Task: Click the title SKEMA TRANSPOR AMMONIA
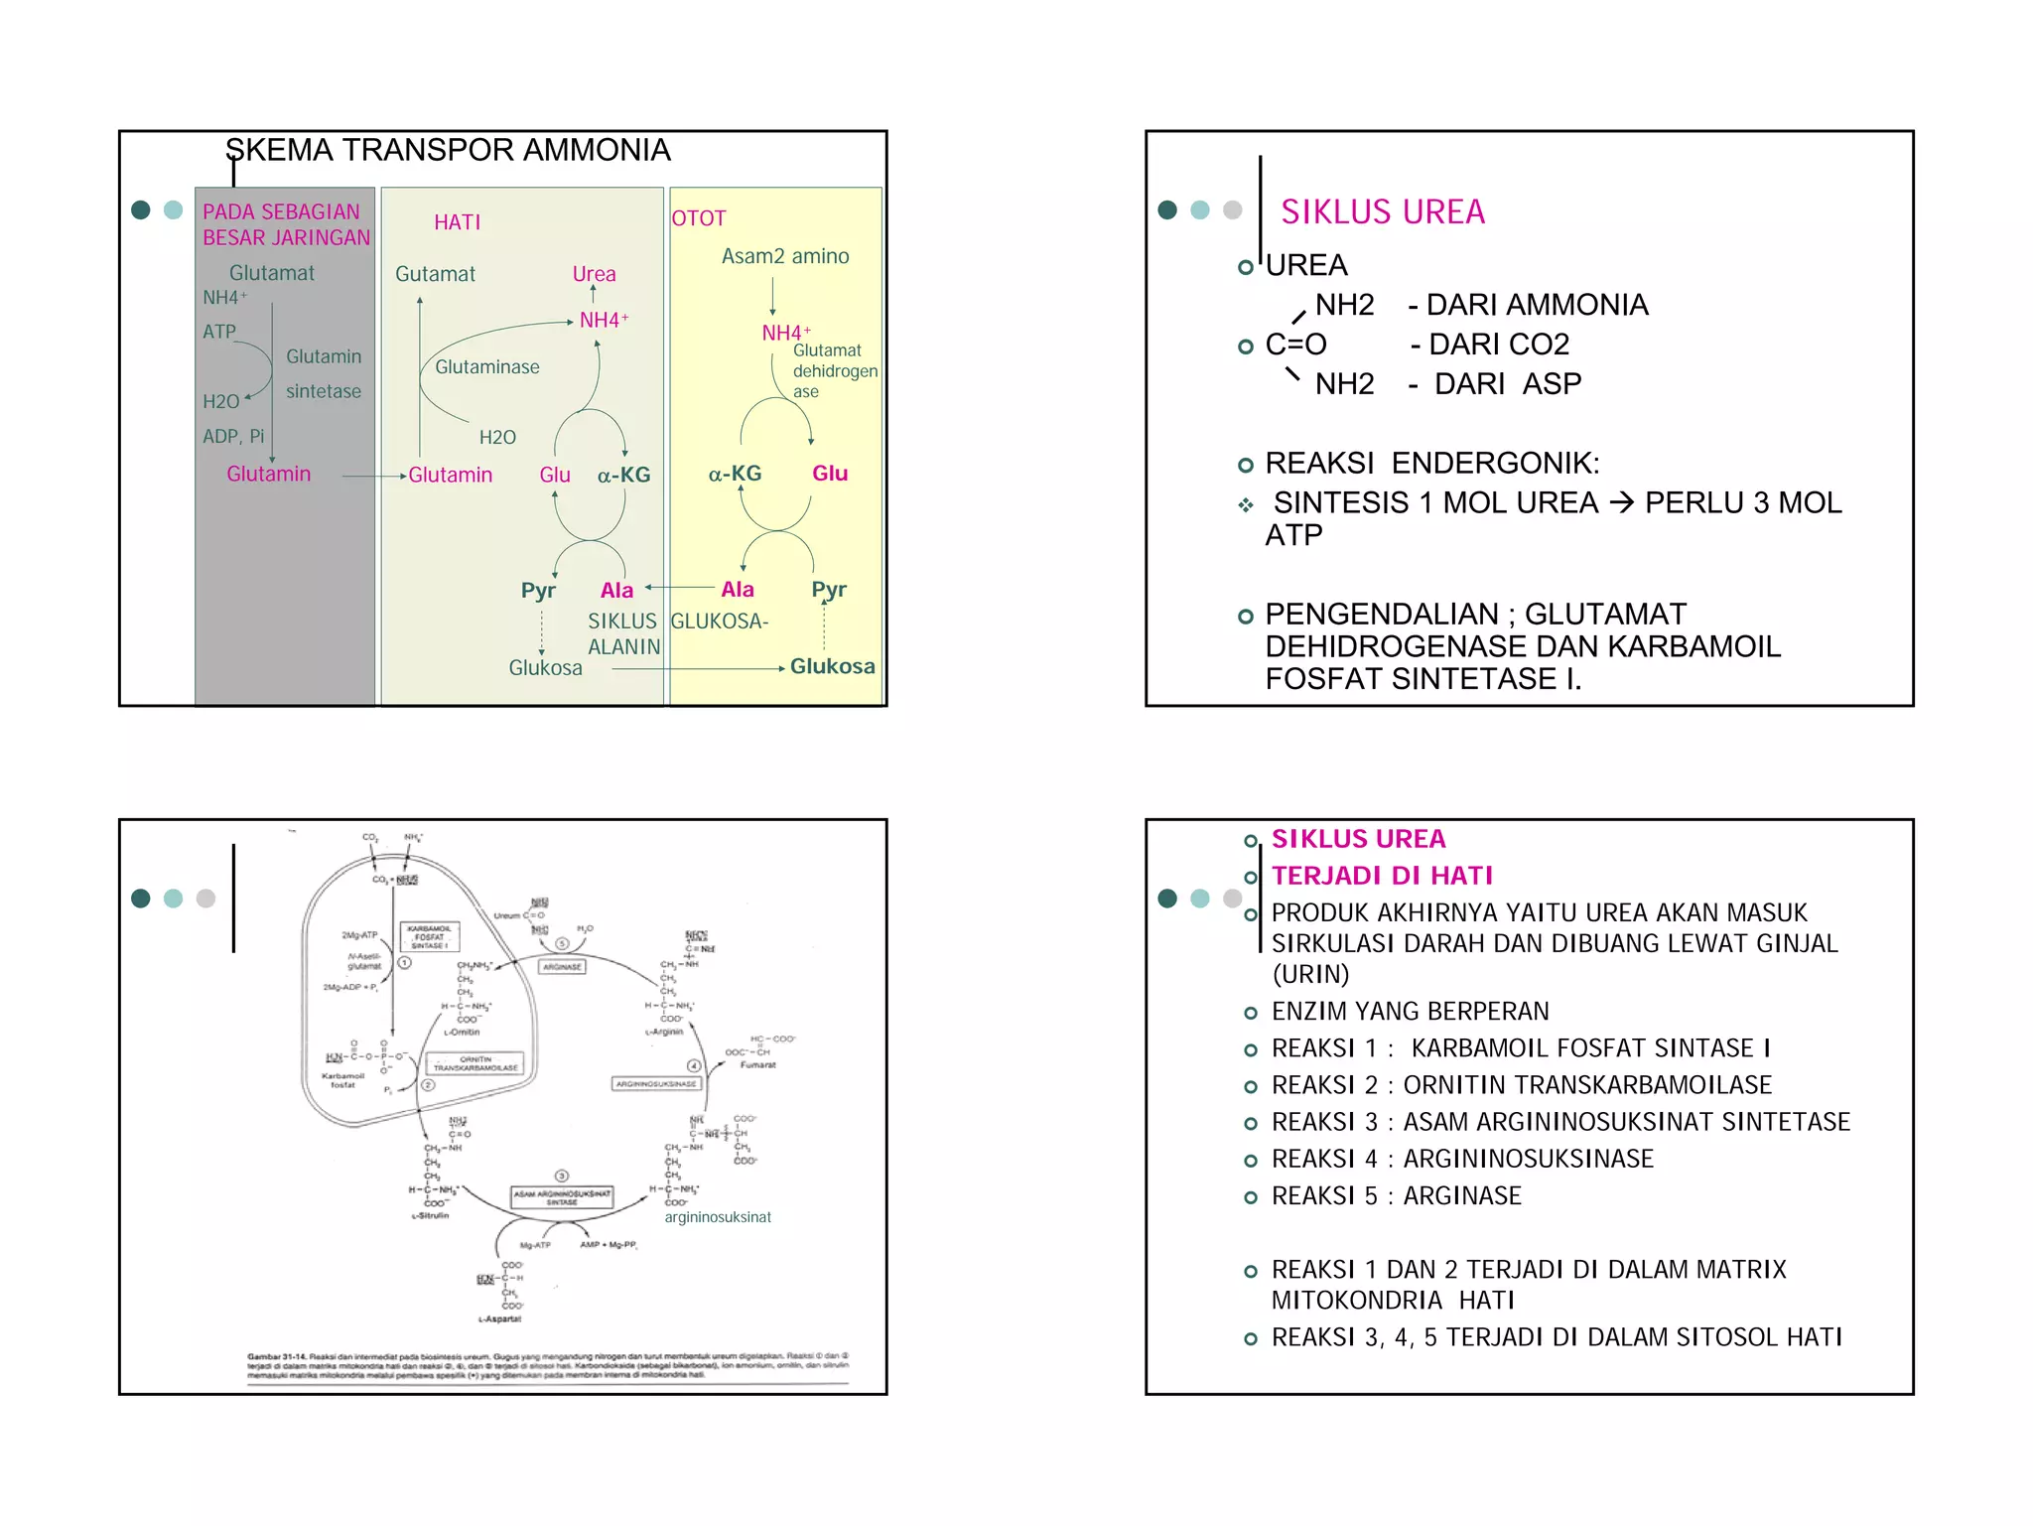tap(448, 150)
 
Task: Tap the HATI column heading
tap(457, 222)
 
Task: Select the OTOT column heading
tap(699, 218)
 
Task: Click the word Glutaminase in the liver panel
tap(487, 367)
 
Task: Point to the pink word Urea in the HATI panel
tap(594, 274)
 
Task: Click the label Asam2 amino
tap(785, 256)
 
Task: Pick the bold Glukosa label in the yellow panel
tap(832, 666)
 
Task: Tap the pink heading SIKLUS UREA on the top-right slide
tap(1382, 211)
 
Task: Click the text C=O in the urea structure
tap(1295, 345)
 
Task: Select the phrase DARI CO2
tap(1498, 345)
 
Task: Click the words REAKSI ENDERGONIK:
tap(1431, 463)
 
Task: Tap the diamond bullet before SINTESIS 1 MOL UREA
tap(1246, 505)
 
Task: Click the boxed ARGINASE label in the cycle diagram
tap(562, 966)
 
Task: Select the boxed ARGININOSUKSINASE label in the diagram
tap(656, 1083)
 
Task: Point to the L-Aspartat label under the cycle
tap(499, 1318)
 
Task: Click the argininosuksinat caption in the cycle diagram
tap(718, 1217)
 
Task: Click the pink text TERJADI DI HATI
tap(1382, 876)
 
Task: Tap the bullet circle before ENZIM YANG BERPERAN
tap(1251, 1013)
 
